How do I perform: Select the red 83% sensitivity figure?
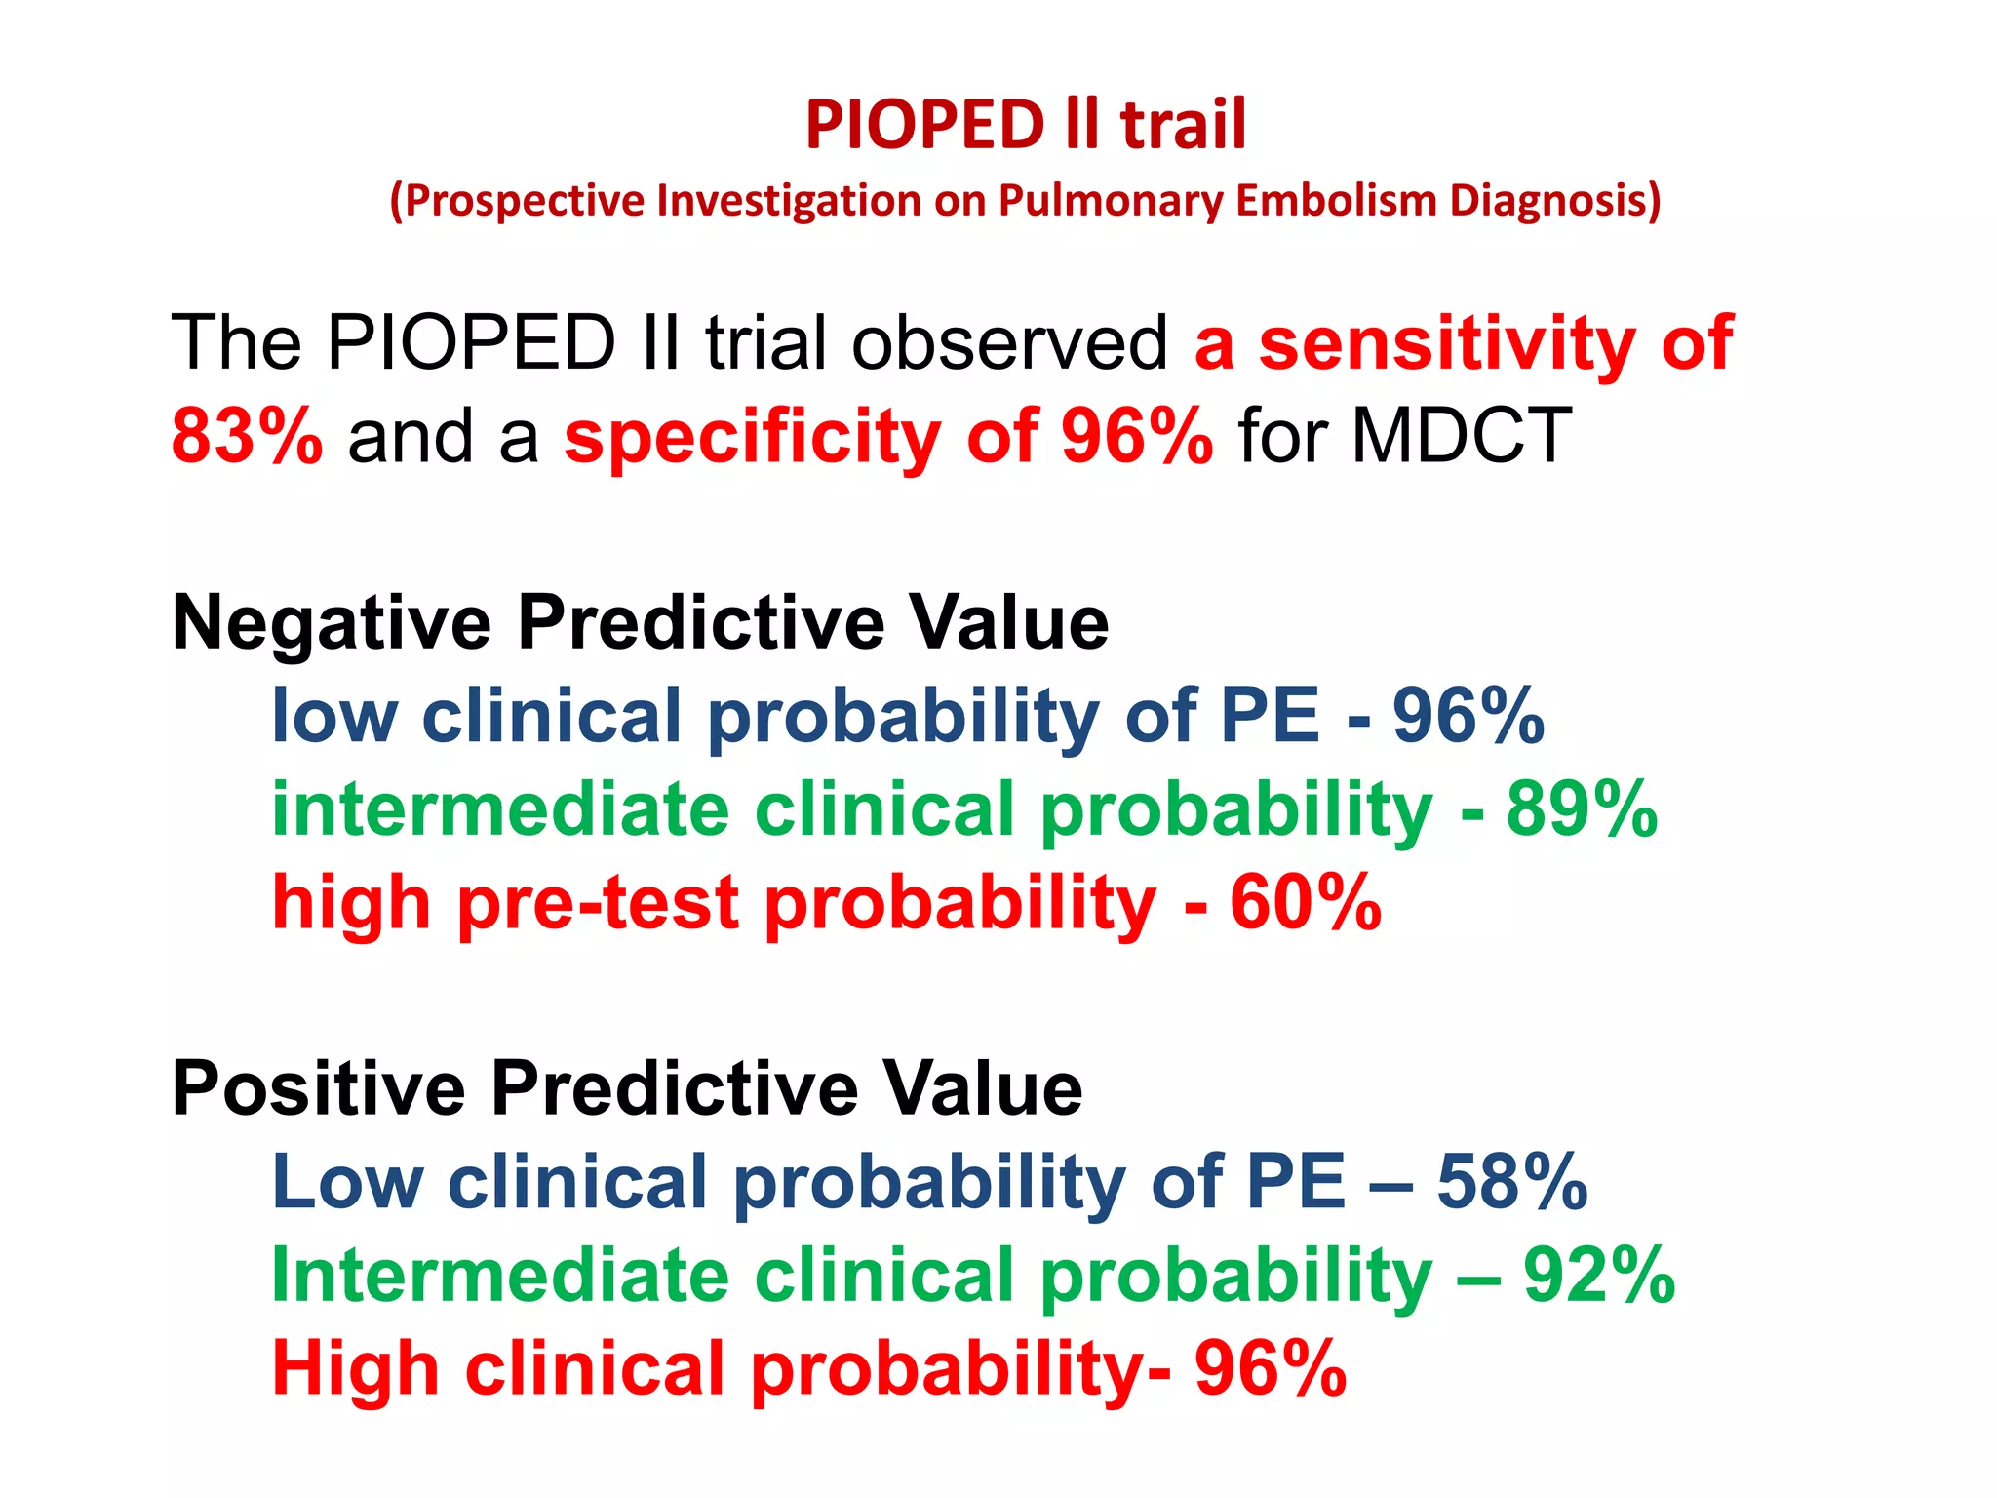[247, 436]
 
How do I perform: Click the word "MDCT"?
[1461, 436]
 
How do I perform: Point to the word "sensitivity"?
[1447, 343]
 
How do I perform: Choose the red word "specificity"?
[752, 436]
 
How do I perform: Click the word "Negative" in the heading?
[332, 623]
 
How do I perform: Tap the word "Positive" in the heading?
[319, 1088]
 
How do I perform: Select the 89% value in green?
[1582, 809]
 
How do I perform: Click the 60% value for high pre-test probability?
[1306, 902]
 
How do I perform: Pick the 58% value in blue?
[1512, 1182]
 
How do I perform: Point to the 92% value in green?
[1599, 1275]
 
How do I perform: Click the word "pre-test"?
[598, 902]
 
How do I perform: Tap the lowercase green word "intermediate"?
[500, 809]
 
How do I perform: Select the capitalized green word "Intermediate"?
[500, 1275]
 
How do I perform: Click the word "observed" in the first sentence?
[1009, 343]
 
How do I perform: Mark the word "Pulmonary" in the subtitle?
[1110, 200]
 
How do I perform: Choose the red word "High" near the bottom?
[355, 1368]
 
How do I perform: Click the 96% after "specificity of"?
[1137, 436]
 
